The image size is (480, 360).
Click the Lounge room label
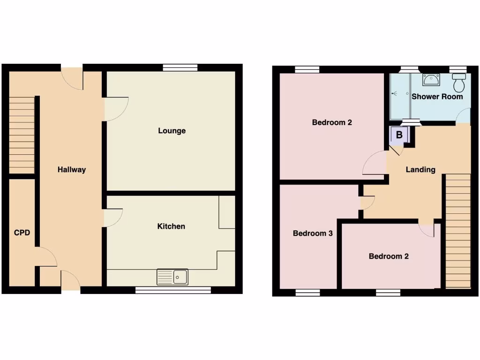pos(172,131)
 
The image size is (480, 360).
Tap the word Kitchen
pos(171,226)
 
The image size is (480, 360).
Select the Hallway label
pos(72,170)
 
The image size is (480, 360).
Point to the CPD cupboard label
pos(22,232)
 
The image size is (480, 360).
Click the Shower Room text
pos(437,97)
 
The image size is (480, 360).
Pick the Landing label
pos(420,170)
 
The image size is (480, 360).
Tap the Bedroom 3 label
pos(313,233)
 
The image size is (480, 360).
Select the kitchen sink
pos(172,277)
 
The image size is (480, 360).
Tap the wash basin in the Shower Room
pos(431,80)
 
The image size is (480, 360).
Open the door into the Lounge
pos(115,109)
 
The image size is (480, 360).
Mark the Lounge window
pos(180,67)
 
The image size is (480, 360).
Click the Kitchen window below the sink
pos(172,291)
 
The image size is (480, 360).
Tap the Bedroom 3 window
pos(307,292)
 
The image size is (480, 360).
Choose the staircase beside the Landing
pos(457,230)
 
